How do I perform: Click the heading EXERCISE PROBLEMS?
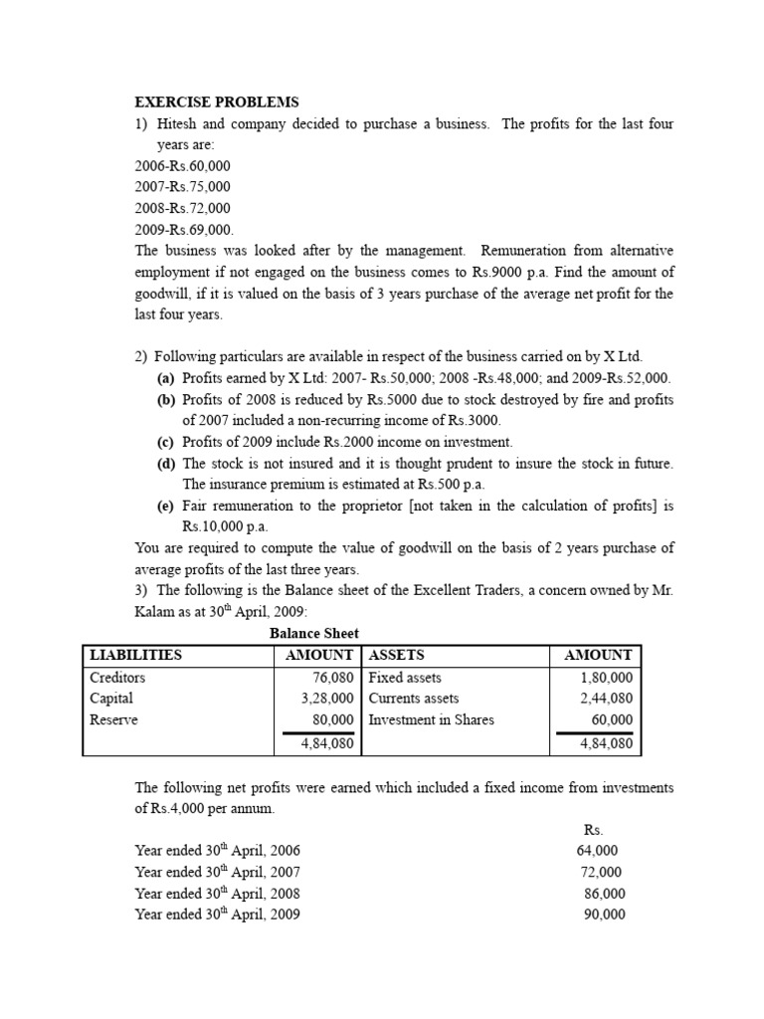tap(216, 102)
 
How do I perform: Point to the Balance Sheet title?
tap(314, 633)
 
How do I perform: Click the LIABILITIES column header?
tap(136, 655)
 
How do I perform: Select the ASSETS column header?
tap(397, 655)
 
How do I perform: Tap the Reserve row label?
tap(114, 719)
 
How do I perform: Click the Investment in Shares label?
tap(431, 719)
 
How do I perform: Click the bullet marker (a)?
tap(166, 378)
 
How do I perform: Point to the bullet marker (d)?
tap(166, 464)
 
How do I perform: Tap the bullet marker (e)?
tap(166, 506)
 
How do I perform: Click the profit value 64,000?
tap(597, 851)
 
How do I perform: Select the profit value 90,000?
tap(604, 915)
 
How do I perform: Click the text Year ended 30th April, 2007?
tap(217, 872)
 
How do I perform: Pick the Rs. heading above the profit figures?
tap(593, 829)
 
